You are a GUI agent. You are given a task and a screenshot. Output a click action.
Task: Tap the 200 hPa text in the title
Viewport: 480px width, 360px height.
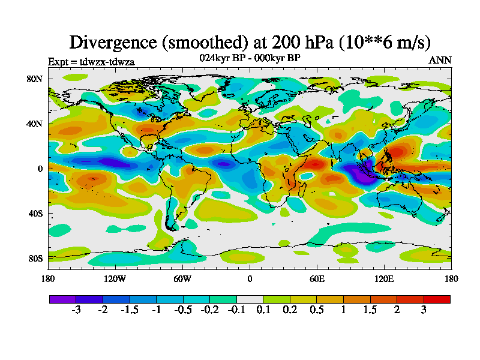(x=293, y=42)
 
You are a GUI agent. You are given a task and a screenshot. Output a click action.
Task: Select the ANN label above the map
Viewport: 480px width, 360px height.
(x=440, y=60)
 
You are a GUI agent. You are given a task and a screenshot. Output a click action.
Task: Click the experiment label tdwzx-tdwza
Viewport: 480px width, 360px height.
(x=91, y=61)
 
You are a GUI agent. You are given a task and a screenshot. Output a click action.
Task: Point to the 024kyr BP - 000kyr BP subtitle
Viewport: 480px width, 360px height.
(x=250, y=58)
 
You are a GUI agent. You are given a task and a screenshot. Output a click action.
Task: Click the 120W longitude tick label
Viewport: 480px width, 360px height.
(x=115, y=278)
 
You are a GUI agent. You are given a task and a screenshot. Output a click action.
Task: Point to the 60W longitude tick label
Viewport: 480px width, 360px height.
(x=182, y=278)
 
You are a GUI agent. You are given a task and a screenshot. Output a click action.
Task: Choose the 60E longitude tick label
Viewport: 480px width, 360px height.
(x=317, y=278)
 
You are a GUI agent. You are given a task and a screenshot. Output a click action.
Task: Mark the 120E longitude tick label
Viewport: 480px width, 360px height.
(x=384, y=278)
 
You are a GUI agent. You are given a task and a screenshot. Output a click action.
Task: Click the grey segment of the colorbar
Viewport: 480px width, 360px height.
(x=250, y=298)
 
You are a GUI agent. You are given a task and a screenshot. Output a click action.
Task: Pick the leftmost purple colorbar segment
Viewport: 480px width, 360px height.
(x=62, y=298)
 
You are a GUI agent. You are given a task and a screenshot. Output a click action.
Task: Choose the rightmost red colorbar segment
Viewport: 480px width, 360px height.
(x=437, y=298)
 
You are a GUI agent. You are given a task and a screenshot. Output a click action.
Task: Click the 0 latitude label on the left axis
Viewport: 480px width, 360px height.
(x=40, y=169)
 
